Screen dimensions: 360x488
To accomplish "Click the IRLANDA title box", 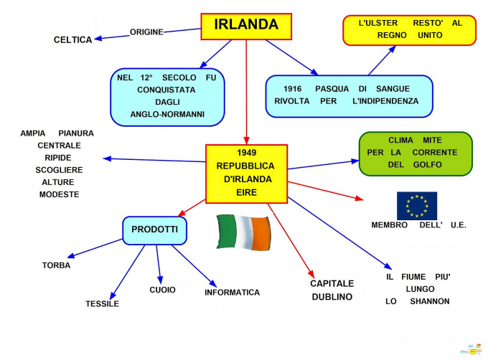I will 246,25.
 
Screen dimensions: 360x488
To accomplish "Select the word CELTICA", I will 73,40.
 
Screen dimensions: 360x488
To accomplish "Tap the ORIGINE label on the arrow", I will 146,32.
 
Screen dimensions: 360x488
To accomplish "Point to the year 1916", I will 283,88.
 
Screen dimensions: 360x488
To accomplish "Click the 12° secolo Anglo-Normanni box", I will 167,96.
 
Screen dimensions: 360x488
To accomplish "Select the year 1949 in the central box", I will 246,153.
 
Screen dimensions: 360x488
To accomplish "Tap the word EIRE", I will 246,192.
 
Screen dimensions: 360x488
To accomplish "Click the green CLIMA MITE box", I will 416,153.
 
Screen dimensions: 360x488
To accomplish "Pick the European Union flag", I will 417,206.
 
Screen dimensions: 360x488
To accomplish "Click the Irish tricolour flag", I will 244,232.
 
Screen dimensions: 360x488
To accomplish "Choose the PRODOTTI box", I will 154,229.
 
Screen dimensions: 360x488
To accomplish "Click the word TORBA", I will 56,265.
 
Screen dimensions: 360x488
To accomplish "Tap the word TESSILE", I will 102,303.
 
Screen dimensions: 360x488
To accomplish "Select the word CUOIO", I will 162,290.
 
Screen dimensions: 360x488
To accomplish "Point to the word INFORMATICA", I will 232,293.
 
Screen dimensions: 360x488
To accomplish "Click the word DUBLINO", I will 332,297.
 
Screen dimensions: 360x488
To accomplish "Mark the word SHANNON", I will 430,301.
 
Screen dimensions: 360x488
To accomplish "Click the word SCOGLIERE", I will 59,170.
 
